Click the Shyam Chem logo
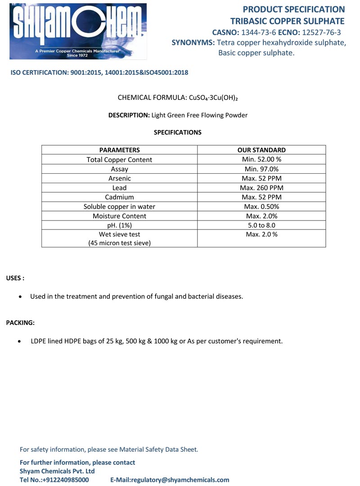coord(78,31)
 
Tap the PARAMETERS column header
coord(119,150)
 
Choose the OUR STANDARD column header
coord(261,150)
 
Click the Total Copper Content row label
coord(119,160)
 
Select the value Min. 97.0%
coord(261,169)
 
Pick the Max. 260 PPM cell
coord(261,188)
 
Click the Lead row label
coord(119,188)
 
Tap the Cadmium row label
coord(119,197)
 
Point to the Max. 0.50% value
coord(261,207)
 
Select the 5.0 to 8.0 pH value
coord(261,225)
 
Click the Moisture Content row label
coord(119,216)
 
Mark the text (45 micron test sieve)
coord(119,243)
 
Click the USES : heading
coord(15,278)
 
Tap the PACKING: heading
coord(20,323)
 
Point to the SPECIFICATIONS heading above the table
coord(178,132)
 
